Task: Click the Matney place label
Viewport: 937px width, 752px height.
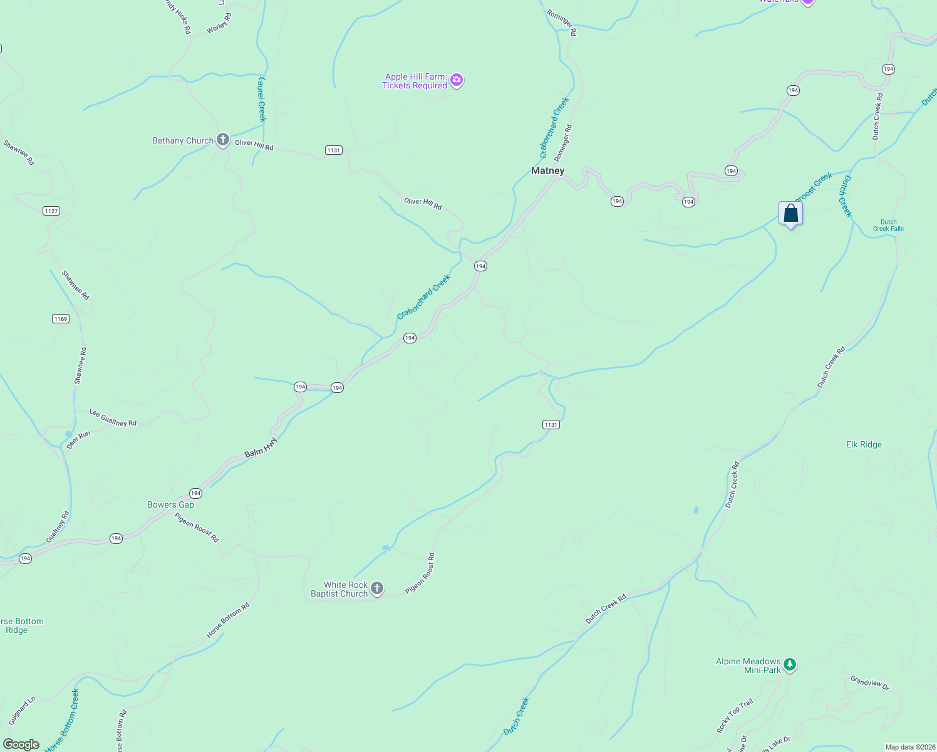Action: (x=547, y=170)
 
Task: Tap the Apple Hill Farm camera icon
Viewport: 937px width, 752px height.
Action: (x=457, y=80)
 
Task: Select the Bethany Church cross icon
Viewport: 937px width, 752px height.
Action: (x=222, y=140)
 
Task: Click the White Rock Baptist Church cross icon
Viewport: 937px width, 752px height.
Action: (x=377, y=588)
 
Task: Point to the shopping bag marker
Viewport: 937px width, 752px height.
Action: (x=790, y=214)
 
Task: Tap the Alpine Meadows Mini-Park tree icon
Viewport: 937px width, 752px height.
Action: (x=790, y=664)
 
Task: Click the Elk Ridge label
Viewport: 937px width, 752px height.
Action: (x=864, y=444)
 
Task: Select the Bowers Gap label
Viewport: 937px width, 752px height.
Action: (x=170, y=504)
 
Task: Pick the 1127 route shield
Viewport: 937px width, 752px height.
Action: (x=51, y=211)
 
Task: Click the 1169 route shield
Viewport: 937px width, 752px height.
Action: (x=60, y=319)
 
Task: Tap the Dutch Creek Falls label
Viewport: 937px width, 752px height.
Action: (x=888, y=225)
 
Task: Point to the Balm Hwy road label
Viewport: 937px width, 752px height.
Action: (x=261, y=447)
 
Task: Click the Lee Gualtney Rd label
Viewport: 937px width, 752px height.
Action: (x=113, y=418)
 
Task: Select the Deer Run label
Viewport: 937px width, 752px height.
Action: (x=78, y=439)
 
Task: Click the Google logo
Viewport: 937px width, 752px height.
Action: (x=21, y=744)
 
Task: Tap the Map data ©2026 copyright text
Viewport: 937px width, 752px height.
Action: (x=909, y=747)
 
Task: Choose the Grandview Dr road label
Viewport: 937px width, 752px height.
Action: (x=869, y=682)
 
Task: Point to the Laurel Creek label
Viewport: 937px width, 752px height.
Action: (x=262, y=99)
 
